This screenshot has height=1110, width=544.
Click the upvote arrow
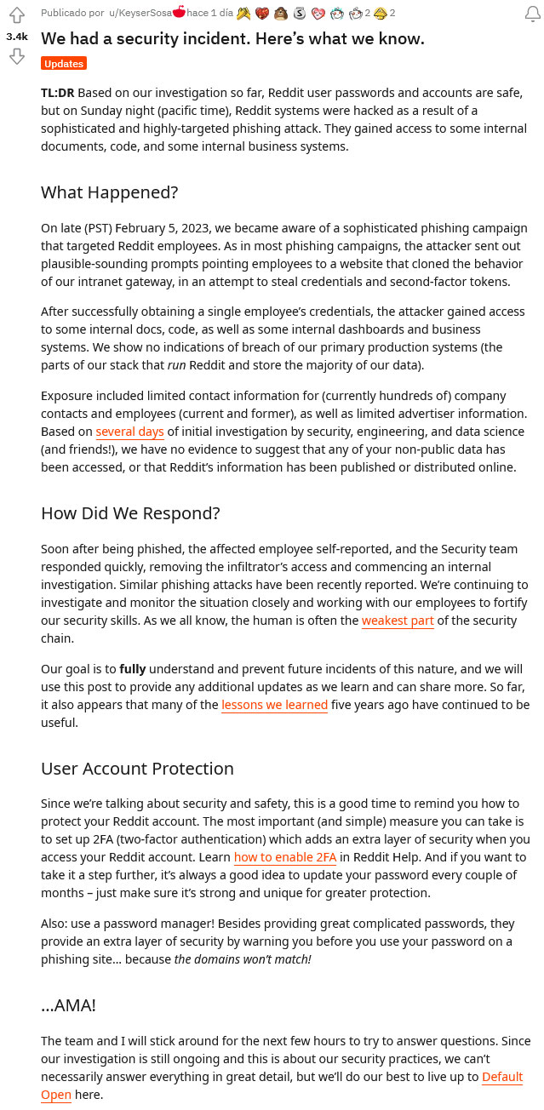pos(16,16)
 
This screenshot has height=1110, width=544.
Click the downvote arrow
pos(16,56)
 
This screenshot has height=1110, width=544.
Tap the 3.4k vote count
pos(16,37)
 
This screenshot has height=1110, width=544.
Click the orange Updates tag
pos(64,64)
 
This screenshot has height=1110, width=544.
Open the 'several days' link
pos(129,432)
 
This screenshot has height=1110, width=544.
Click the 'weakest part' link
pos(398,621)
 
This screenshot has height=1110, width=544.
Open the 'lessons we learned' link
pos(274,705)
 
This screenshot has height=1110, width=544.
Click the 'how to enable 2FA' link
pos(285,857)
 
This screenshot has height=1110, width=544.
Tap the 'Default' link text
pos(502,1077)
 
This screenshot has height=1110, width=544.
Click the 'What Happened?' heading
pos(109,192)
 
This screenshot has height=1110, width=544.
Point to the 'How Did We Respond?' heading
pos(130,513)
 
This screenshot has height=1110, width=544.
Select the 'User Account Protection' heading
pos(137,769)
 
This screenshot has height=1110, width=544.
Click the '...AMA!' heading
pos(68,1005)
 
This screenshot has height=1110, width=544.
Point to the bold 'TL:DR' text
pos(58,92)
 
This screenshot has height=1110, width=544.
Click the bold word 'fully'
pos(132,669)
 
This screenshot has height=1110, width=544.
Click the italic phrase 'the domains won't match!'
pos(243,959)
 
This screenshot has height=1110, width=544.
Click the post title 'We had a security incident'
pos(232,39)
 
